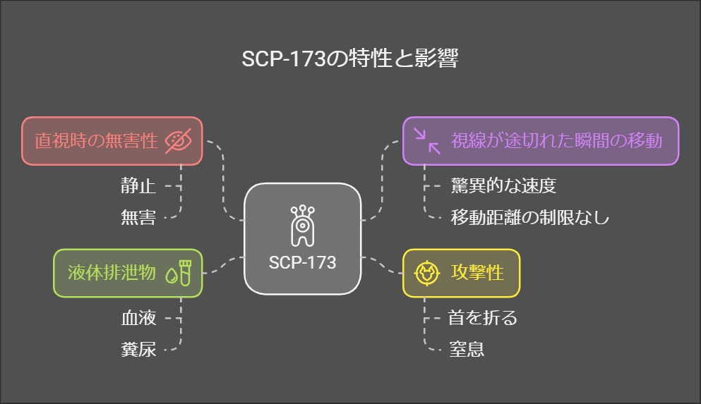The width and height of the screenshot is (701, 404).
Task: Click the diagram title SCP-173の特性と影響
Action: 350,60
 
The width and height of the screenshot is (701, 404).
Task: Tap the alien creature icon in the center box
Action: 301,226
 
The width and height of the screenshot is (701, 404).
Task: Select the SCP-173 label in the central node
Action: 302,262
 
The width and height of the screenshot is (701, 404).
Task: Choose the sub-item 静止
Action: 138,187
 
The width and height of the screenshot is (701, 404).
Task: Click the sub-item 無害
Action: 138,217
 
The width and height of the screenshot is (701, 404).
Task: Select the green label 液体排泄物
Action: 111,273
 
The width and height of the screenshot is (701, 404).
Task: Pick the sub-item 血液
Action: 138,318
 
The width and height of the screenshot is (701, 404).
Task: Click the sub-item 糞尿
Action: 138,348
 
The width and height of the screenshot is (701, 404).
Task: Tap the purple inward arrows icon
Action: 427,141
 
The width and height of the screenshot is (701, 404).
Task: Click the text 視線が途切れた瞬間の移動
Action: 556,141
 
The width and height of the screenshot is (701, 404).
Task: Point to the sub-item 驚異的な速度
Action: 503,187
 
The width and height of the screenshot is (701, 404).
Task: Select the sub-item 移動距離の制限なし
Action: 529,217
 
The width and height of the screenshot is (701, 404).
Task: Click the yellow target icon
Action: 427,273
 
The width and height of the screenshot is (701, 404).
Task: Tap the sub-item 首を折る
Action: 483,318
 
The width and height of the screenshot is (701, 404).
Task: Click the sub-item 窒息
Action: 467,348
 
